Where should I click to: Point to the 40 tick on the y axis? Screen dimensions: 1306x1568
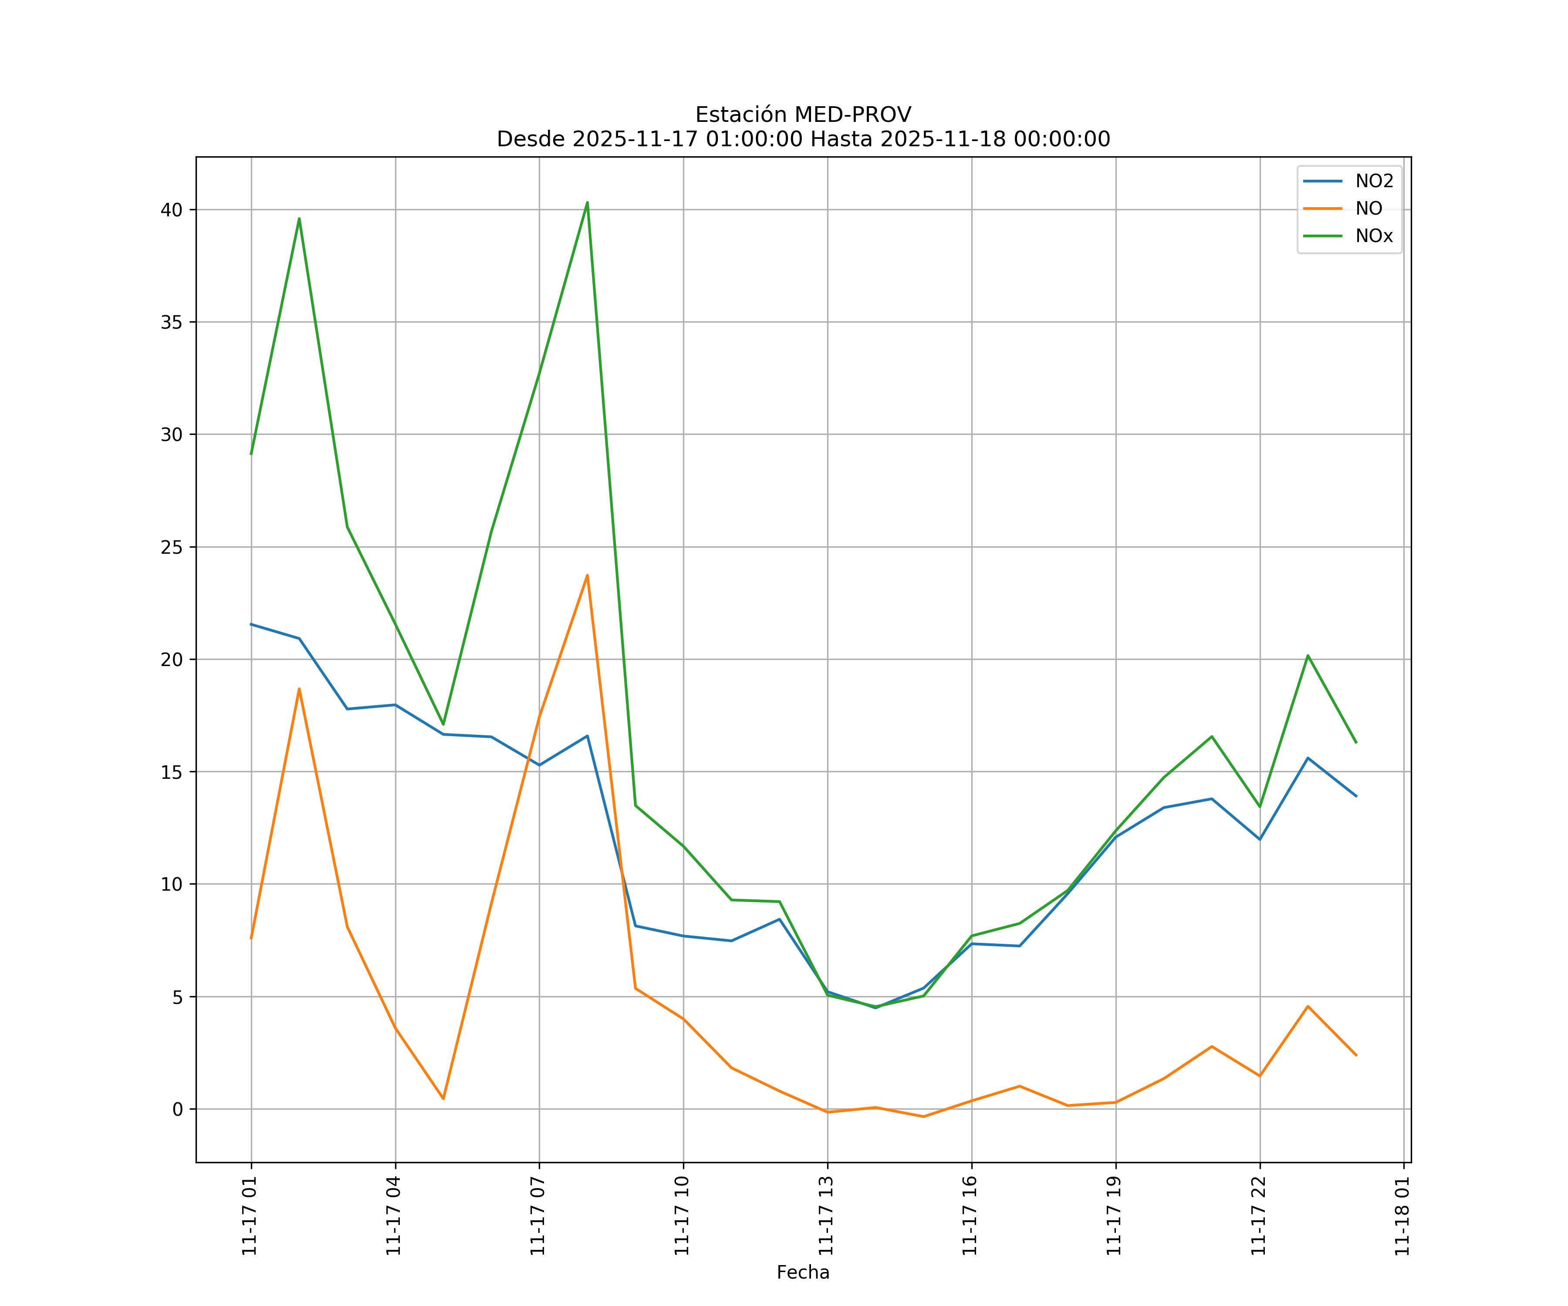(x=171, y=210)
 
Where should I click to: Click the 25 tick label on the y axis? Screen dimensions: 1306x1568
(x=171, y=547)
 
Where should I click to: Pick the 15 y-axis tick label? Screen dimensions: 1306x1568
(x=171, y=772)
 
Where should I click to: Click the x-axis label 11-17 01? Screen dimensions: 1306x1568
(x=250, y=1216)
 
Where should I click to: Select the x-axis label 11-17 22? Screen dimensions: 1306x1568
(x=1258, y=1216)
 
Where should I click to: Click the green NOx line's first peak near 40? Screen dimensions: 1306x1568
(x=299, y=219)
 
